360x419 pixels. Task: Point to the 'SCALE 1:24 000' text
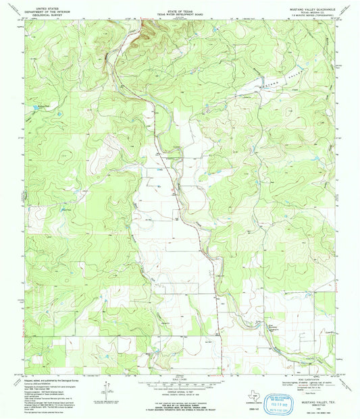179,380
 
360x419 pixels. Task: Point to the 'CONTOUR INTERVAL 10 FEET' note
180,386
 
